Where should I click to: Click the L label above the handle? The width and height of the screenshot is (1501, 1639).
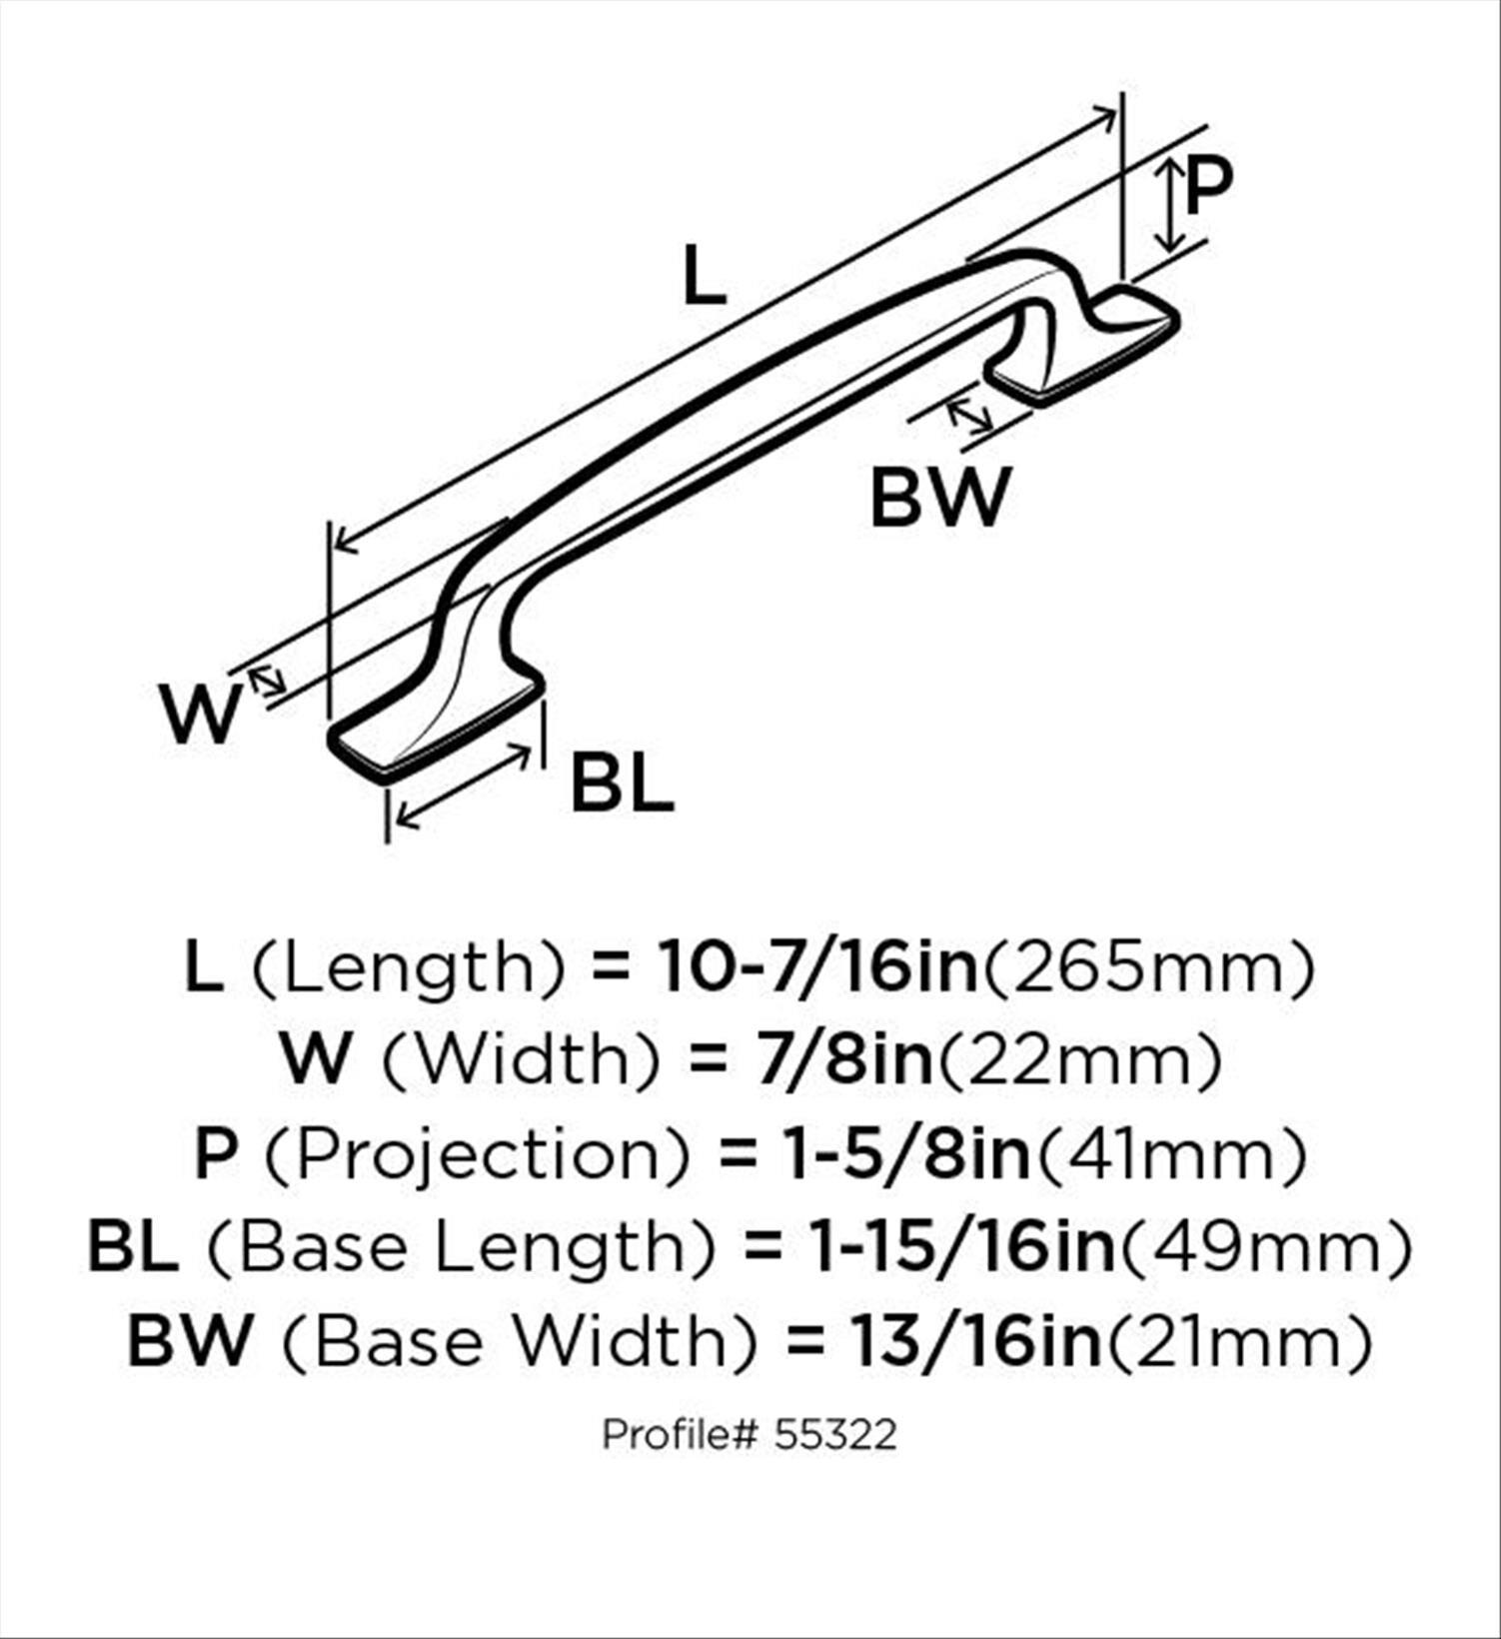pos(704,276)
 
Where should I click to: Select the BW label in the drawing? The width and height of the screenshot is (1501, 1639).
pos(940,498)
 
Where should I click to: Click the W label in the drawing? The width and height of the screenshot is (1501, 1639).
pos(201,714)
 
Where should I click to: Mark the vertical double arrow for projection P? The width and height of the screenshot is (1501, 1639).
pos(1169,208)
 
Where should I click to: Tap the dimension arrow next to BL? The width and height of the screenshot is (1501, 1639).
pos(463,787)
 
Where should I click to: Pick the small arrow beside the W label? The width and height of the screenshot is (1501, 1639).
pos(268,682)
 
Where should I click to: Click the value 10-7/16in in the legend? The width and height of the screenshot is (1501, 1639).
pos(816,967)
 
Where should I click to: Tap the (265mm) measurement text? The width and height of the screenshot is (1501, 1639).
pos(1147,967)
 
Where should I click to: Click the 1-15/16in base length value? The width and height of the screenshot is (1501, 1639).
pos(961,1246)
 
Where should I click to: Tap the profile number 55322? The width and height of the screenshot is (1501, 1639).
pos(834,1435)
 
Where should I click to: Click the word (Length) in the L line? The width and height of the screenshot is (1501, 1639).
pos(408,967)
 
